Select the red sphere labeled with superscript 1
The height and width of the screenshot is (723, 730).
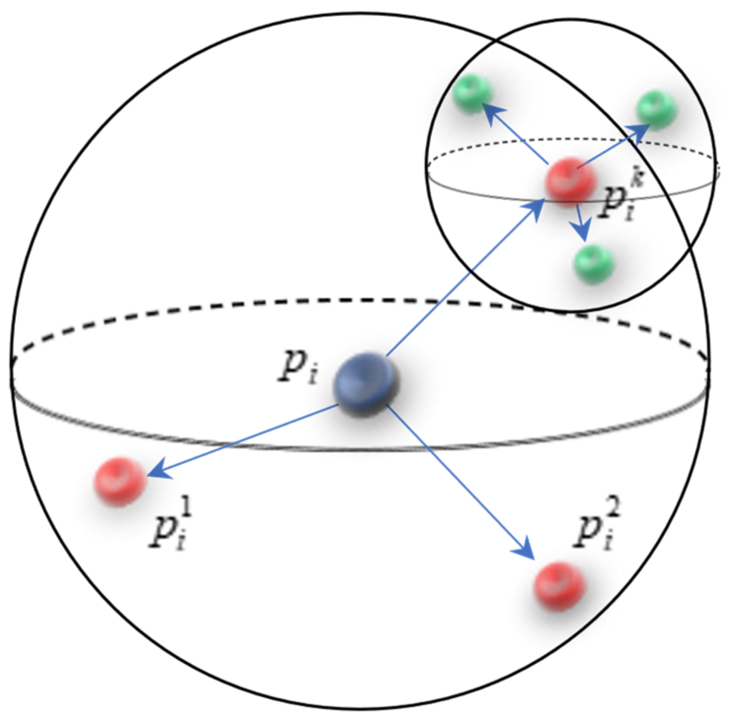point(120,481)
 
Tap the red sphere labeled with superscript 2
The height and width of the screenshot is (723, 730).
point(559,586)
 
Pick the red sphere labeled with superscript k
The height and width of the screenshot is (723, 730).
point(571,180)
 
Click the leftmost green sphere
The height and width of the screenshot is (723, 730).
point(472,94)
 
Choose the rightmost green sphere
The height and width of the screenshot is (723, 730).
point(657,109)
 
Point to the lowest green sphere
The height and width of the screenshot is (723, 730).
point(594,264)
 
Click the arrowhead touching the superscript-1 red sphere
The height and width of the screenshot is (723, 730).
point(157,471)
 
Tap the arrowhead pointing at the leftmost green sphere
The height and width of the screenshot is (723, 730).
point(493,113)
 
